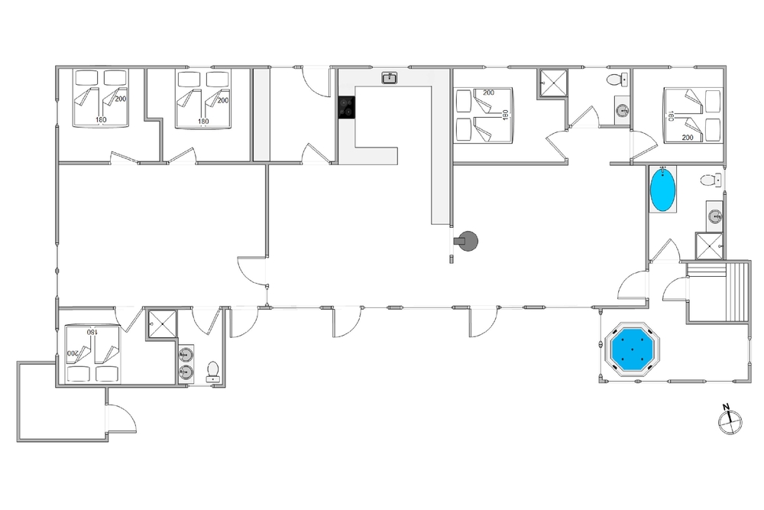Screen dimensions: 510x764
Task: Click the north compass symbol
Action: (x=730, y=418)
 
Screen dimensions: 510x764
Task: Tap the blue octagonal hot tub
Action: (x=632, y=349)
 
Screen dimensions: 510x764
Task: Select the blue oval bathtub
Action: (x=663, y=190)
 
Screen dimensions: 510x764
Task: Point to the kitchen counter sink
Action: (x=390, y=77)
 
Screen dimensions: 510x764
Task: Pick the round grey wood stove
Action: (x=468, y=241)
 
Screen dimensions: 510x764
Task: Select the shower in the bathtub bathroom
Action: (x=709, y=245)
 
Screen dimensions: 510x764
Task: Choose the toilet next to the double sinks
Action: (x=212, y=370)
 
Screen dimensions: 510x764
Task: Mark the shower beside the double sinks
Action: (x=161, y=323)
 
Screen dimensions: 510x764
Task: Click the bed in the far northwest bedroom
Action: (x=101, y=98)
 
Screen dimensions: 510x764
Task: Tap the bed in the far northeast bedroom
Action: (x=692, y=115)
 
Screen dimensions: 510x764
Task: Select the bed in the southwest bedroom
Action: (x=92, y=353)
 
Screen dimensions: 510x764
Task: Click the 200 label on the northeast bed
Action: (x=687, y=137)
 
